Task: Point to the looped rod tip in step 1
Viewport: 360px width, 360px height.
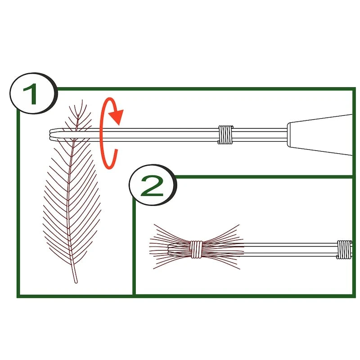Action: click(x=51, y=134)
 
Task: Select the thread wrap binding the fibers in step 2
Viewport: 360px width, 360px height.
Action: click(x=196, y=249)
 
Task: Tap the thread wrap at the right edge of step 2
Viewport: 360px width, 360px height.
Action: click(x=345, y=250)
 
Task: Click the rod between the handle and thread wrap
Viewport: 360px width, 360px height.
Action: click(x=261, y=134)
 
